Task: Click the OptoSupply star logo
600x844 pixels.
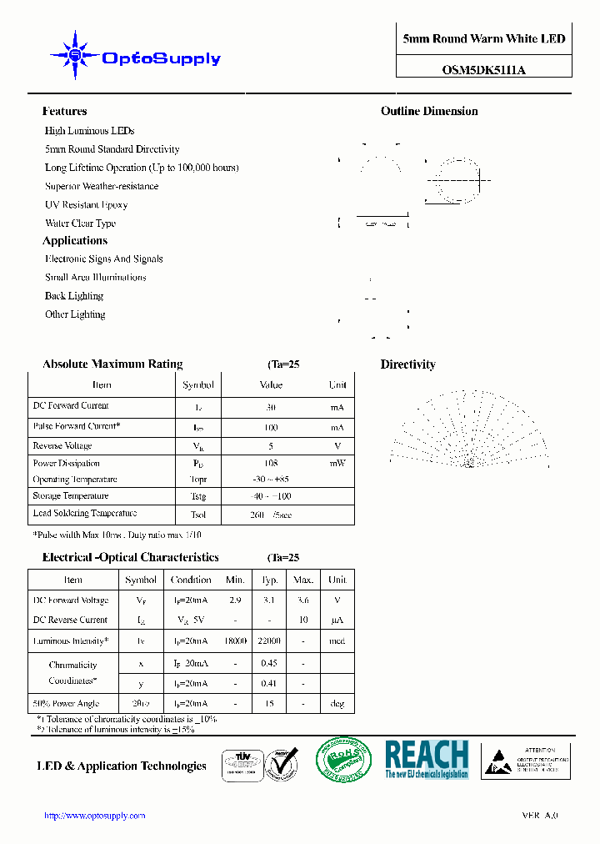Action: pyautogui.click(x=75, y=55)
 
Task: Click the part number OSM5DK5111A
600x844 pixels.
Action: pyautogui.click(x=483, y=70)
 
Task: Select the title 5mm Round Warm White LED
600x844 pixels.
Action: pyautogui.click(x=483, y=39)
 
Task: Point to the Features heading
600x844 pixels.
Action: pyautogui.click(x=64, y=111)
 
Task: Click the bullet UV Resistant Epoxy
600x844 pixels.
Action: pyautogui.click(x=86, y=204)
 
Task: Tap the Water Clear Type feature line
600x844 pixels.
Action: pyautogui.click(x=80, y=223)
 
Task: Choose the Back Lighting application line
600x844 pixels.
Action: pyautogui.click(x=73, y=296)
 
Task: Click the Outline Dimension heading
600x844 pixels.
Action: pyautogui.click(x=429, y=111)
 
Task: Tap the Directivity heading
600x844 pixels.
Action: pyautogui.click(x=407, y=364)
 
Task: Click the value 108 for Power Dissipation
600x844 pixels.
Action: pyautogui.click(x=271, y=463)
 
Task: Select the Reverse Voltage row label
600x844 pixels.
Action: pyautogui.click(x=62, y=446)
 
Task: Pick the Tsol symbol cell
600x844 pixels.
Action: pyautogui.click(x=198, y=515)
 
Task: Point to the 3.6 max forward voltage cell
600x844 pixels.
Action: pyautogui.click(x=303, y=600)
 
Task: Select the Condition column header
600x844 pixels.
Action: pyautogui.click(x=191, y=580)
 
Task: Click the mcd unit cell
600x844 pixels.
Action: pyautogui.click(x=337, y=641)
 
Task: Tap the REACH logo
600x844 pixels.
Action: pyautogui.click(x=427, y=759)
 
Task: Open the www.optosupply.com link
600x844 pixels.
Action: pyautogui.click(x=94, y=816)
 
